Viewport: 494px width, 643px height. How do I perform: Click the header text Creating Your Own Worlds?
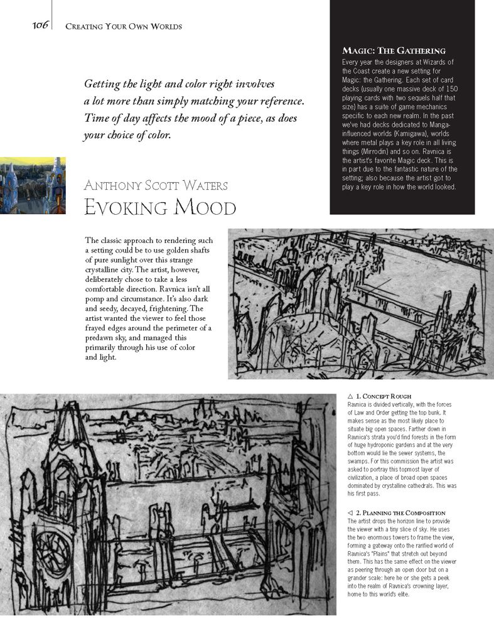click(x=124, y=26)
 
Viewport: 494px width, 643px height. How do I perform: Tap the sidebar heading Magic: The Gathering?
click(x=394, y=50)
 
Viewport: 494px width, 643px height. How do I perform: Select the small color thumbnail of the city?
click(x=33, y=185)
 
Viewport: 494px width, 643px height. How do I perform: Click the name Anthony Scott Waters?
click(x=156, y=185)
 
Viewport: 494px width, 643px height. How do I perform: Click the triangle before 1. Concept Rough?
click(x=350, y=396)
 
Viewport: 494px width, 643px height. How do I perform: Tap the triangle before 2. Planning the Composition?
click(x=350, y=513)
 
